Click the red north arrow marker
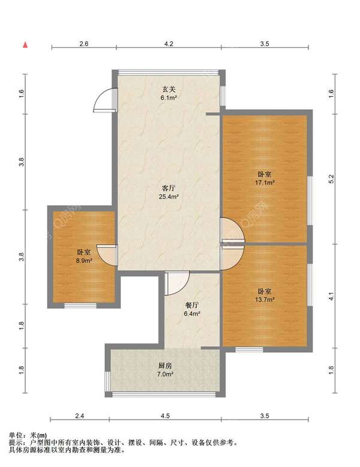(x=26, y=44)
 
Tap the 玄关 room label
(x=169, y=89)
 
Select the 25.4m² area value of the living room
(x=169, y=196)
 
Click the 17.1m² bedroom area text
(x=265, y=182)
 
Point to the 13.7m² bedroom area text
(x=265, y=300)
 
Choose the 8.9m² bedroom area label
(x=83, y=261)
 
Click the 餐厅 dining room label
(x=192, y=306)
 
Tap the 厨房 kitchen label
(x=164, y=366)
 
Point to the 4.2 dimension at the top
(x=169, y=44)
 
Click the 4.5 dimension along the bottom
(x=165, y=416)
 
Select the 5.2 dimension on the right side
(x=332, y=179)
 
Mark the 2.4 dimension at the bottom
(x=80, y=416)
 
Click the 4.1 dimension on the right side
(x=332, y=296)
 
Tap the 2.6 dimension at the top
(x=84, y=44)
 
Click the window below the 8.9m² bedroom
(x=80, y=306)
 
